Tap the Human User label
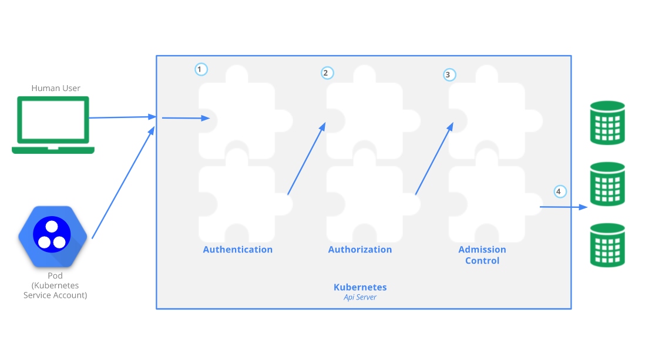pos(56,88)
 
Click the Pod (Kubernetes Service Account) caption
pos(55,285)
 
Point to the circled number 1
pos(201,69)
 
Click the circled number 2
pos(327,73)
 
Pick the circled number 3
pos(449,75)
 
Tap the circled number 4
pos(559,191)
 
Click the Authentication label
pos(238,250)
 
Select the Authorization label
pos(360,250)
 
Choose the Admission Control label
pos(482,255)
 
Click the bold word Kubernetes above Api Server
pos(360,287)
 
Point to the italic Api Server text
pos(360,297)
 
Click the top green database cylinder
pos(607,123)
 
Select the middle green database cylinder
pos(607,184)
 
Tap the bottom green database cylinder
pos(607,245)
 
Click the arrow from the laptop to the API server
pos(122,117)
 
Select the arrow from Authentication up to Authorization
pos(306,159)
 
